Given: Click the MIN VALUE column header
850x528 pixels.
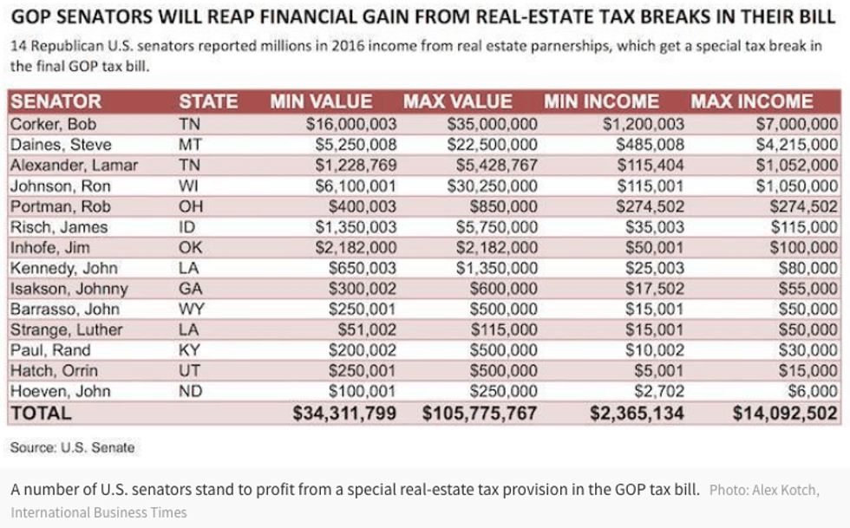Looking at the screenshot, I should [x=321, y=101].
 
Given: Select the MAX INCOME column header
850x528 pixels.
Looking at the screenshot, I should [x=752, y=101].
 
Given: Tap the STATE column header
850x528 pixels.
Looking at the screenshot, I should [x=208, y=101].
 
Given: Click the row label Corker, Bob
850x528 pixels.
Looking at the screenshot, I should [x=53, y=123].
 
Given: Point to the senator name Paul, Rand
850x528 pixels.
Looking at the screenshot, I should [x=50, y=350].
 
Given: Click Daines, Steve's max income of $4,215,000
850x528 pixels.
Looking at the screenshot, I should [x=797, y=144].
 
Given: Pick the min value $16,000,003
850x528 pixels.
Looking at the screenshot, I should [x=351, y=123].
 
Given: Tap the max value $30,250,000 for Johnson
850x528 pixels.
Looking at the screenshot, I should [x=492, y=186].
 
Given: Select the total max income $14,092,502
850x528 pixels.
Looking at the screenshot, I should [x=785, y=414].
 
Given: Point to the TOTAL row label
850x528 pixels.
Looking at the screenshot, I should [x=41, y=414].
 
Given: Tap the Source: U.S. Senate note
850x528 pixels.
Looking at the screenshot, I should [x=73, y=447].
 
